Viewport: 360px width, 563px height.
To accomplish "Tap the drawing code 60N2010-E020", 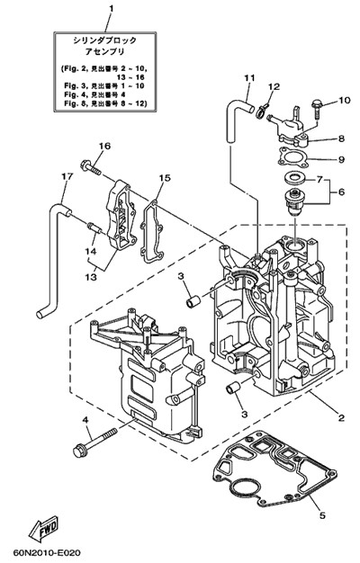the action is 47,552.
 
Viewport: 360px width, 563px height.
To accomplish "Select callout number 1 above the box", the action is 111,8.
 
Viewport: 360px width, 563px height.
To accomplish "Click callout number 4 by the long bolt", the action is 85,420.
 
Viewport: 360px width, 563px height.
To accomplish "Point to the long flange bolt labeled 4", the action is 94,442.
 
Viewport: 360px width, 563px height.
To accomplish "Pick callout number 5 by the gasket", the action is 322,515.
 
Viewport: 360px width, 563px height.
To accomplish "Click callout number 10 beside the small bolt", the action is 344,100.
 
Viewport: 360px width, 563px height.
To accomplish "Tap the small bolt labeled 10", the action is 316,109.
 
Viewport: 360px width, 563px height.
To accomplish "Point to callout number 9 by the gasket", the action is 341,159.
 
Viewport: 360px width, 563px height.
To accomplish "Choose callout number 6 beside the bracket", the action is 341,192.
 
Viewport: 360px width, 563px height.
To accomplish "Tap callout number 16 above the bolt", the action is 105,146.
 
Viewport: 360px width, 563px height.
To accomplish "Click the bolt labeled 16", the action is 91,167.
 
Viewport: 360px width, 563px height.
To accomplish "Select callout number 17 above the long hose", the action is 67,176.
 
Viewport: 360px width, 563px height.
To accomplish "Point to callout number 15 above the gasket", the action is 165,178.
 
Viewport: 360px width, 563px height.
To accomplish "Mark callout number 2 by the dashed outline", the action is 341,417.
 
